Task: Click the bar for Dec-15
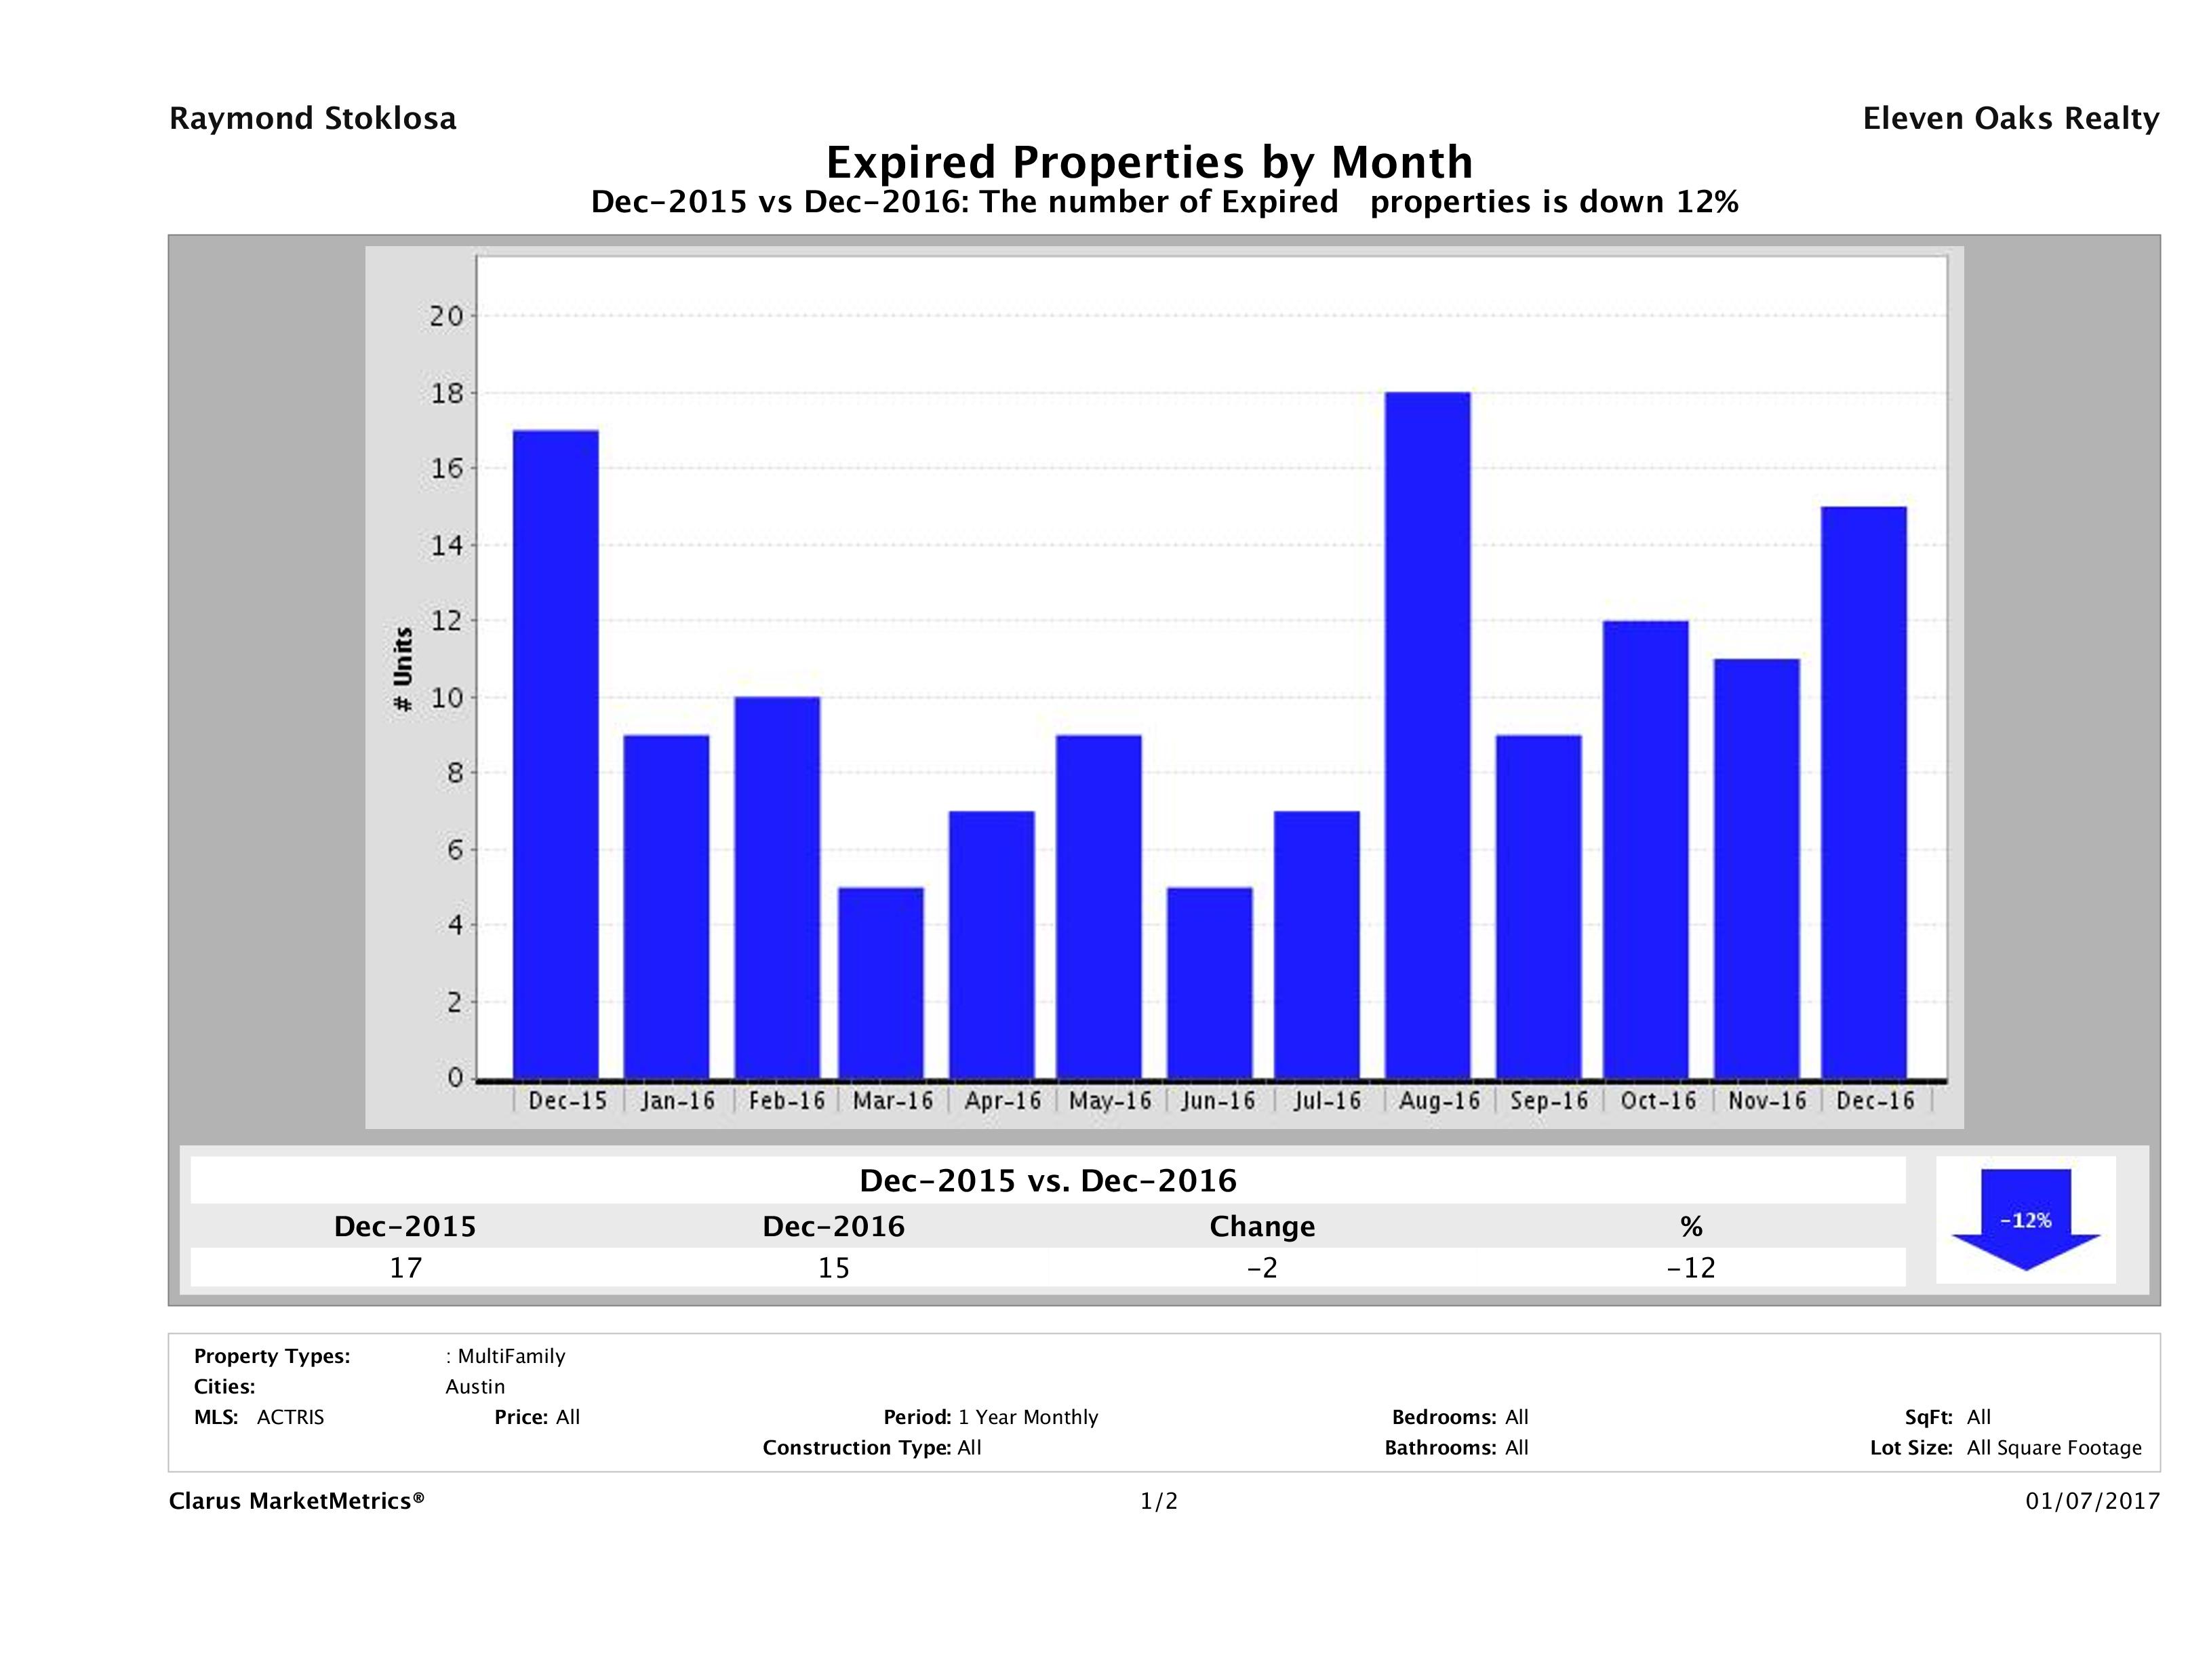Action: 556,754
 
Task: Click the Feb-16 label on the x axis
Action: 787,1101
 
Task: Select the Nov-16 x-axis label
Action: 1767,1101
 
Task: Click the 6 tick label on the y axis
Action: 455,850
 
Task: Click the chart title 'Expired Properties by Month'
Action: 1149,162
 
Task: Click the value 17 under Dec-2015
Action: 405,1267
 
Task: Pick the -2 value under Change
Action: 1262,1267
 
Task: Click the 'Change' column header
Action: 1262,1227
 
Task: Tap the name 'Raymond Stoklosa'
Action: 313,119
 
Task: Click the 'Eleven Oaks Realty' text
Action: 2010,119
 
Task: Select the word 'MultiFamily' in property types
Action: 511,1356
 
